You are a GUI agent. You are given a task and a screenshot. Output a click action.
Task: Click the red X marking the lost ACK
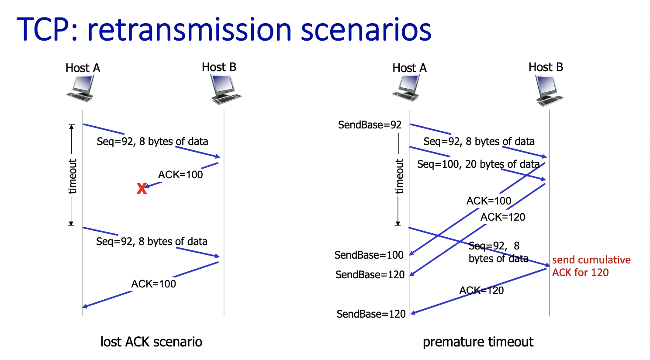142,189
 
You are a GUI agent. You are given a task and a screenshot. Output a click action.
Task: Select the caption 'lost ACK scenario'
151,342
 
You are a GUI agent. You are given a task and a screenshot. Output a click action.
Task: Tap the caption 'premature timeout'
478,342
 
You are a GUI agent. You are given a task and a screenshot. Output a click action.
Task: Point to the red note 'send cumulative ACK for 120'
591,266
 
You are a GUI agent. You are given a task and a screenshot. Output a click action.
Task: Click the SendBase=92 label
370,125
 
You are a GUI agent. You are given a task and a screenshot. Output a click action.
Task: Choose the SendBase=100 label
369,255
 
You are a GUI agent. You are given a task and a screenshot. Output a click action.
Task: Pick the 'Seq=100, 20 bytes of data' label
478,164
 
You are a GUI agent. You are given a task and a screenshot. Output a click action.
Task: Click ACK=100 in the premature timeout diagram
488,201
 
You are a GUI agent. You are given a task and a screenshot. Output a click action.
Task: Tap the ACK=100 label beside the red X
180,175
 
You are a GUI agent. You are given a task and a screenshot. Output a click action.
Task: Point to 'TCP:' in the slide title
48,30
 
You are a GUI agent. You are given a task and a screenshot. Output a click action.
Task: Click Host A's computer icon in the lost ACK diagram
81,88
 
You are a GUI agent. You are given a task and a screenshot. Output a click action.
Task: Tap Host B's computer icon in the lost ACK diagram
225,89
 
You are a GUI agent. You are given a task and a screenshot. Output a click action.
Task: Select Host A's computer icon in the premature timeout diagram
408,88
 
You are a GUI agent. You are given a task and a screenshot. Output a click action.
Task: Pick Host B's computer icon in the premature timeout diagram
549,90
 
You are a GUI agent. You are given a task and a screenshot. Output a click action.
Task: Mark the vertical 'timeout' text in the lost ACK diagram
73,176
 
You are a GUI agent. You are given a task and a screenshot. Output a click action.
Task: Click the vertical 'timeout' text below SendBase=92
399,176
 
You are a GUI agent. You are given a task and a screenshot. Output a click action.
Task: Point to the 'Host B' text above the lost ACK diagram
219,67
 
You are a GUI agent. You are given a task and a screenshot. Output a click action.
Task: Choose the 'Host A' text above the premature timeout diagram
409,68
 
